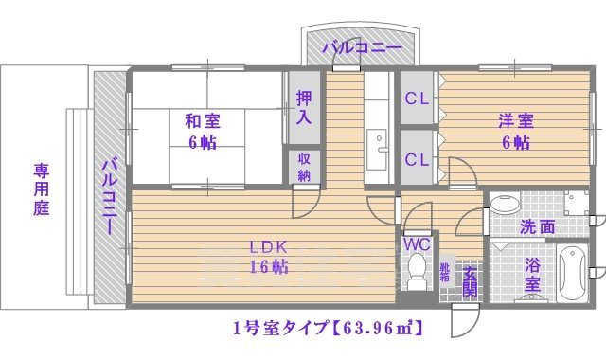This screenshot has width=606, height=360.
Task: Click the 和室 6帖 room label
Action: (x=201, y=132)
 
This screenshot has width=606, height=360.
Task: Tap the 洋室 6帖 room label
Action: (x=516, y=132)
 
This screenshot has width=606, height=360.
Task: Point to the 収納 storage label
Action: (x=304, y=167)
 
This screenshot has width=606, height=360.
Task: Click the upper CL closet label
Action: (x=417, y=99)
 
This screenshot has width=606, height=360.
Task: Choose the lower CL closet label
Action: (x=417, y=159)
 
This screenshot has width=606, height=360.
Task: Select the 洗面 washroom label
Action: (x=537, y=228)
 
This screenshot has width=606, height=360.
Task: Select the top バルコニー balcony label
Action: (x=361, y=46)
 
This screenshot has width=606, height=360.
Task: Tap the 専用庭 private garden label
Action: (x=41, y=190)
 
